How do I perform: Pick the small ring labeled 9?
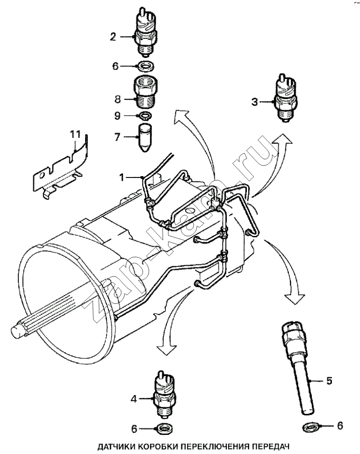pyautogui.click(x=144, y=115)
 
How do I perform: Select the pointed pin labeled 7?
pyautogui.click(x=145, y=136)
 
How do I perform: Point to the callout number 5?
pyautogui.click(x=329, y=381)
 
